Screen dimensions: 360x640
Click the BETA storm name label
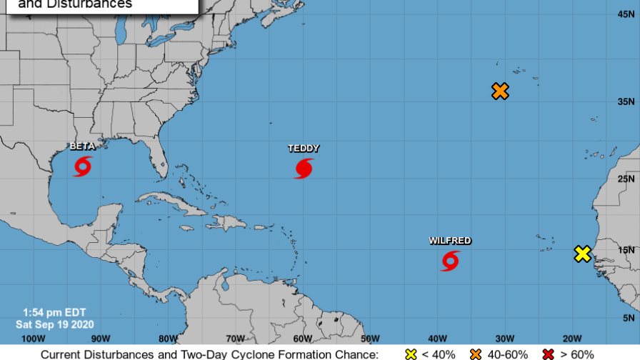click(82, 146)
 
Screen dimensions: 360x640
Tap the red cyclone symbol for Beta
click(83, 166)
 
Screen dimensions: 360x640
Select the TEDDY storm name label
click(304, 149)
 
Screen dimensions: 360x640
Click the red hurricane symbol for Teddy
click(304, 169)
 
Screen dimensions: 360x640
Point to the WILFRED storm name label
click(450, 241)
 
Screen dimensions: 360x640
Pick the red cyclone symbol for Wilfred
click(450, 261)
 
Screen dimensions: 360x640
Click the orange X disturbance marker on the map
click(500, 91)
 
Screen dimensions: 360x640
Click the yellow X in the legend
click(411, 354)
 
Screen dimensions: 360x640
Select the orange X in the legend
click(476, 354)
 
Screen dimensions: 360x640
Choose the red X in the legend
click(549, 354)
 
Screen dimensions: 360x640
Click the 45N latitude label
click(626, 14)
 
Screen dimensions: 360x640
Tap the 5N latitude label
click(629, 318)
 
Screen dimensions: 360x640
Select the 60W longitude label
click(302, 338)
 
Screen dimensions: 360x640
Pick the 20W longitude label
click(571, 338)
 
